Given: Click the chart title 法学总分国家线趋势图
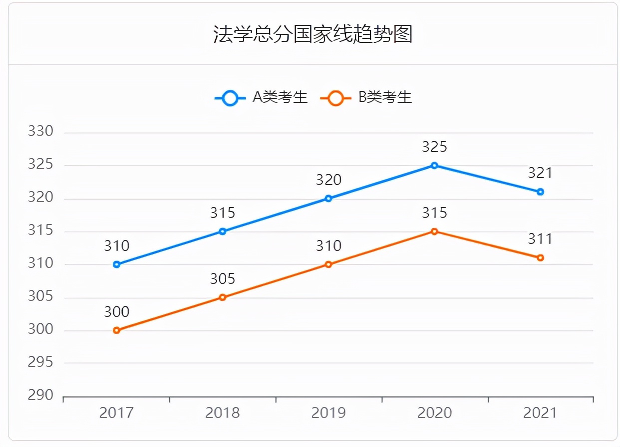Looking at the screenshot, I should click(x=312, y=34).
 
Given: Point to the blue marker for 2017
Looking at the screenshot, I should click(x=117, y=264).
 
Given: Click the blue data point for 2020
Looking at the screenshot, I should click(x=434, y=165).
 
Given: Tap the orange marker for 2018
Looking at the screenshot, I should click(x=223, y=297).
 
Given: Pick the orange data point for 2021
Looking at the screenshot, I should click(x=540, y=257).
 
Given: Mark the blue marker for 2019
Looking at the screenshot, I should click(x=328, y=198).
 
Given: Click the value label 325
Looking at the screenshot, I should click(x=434, y=147).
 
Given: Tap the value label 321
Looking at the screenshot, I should click(x=540, y=173).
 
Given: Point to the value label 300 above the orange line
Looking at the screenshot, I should click(x=117, y=312).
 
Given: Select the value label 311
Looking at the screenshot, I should click(x=540, y=239).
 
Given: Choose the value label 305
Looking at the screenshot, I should click(x=223, y=279).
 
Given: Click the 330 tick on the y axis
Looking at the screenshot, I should click(x=40, y=131).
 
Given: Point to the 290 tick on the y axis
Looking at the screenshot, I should click(x=40, y=395).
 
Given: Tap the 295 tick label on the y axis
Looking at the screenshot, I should click(x=40, y=362).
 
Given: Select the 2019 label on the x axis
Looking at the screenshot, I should click(x=328, y=413).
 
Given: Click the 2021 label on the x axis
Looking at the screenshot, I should click(x=540, y=413).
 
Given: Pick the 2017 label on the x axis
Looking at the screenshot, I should click(x=117, y=413).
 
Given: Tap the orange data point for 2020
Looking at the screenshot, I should click(x=434, y=231).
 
